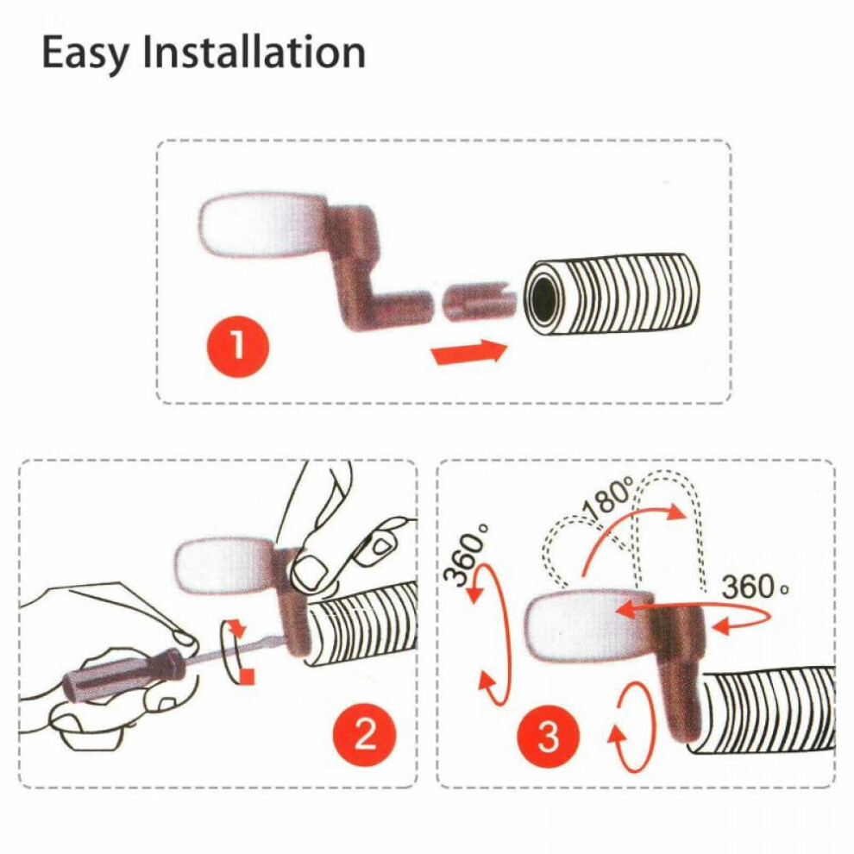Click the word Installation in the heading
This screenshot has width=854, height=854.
pyautogui.click(x=254, y=52)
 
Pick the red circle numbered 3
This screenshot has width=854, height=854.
pyautogui.click(x=548, y=737)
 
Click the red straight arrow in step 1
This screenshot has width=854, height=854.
pyautogui.click(x=469, y=352)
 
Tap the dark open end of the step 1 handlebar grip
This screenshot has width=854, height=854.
pyautogui.click(x=542, y=298)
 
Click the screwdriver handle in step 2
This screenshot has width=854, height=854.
pyautogui.click(x=124, y=675)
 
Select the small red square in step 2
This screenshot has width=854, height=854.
pyautogui.click(x=248, y=676)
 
